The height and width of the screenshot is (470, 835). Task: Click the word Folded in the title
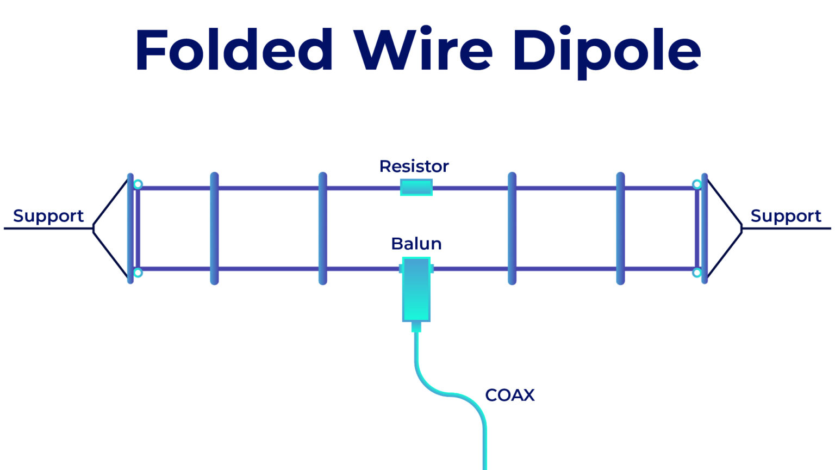(x=234, y=50)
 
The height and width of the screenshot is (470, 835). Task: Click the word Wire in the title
(x=423, y=50)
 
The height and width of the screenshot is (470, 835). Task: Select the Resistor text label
(x=414, y=166)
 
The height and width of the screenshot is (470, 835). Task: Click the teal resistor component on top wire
(x=416, y=187)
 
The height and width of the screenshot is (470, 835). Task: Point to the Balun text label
(x=416, y=243)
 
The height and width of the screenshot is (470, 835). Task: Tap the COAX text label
(x=509, y=395)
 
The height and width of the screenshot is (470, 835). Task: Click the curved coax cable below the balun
(x=435, y=388)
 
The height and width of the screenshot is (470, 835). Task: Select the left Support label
(x=48, y=216)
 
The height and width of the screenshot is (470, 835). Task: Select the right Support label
(x=786, y=216)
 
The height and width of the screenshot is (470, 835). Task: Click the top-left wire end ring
(x=138, y=184)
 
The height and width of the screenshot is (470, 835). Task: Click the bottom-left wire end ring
(x=138, y=273)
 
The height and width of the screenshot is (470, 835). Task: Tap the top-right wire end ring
(x=696, y=184)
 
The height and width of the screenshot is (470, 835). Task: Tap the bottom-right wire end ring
(x=696, y=273)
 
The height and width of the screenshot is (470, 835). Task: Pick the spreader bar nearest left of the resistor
(x=322, y=228)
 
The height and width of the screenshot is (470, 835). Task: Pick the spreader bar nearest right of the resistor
(x=512, y=228)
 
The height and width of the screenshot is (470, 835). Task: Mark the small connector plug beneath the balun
(x=416, y=326)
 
